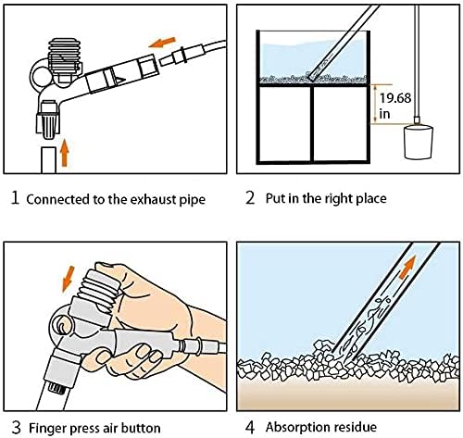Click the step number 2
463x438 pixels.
(x=249, y=198)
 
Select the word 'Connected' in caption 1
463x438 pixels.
(x=56, y=199)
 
